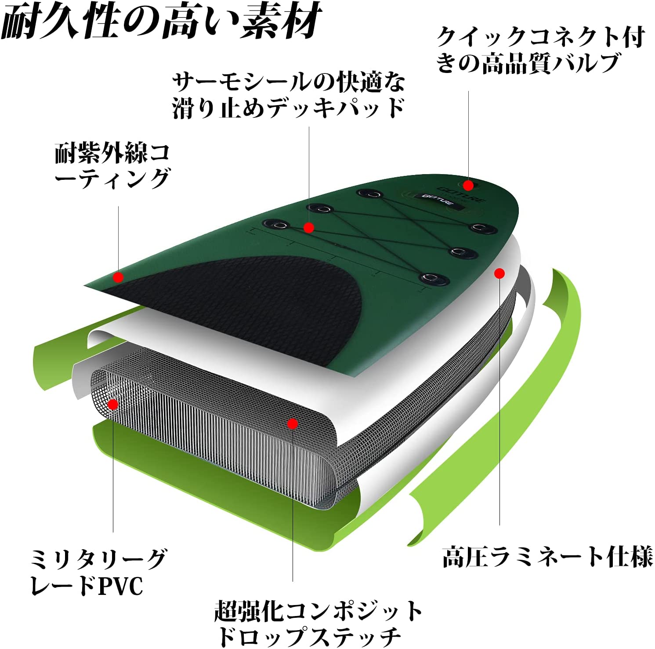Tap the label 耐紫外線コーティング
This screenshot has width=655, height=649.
pos(112,165)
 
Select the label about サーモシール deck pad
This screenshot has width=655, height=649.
pos(288,95)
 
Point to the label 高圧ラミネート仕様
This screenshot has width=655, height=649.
pos(547,557)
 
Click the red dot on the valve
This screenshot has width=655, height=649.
pos(468,186)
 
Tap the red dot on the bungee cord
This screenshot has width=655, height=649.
pos(309,227)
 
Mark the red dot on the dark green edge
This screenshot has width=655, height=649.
pos(118,277)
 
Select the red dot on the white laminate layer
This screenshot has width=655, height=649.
pos(499,273)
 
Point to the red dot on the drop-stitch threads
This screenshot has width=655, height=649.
pos(293,424)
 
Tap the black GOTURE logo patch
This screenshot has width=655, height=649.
pos(437,202)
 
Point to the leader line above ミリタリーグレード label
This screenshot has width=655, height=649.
pos(113,471)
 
